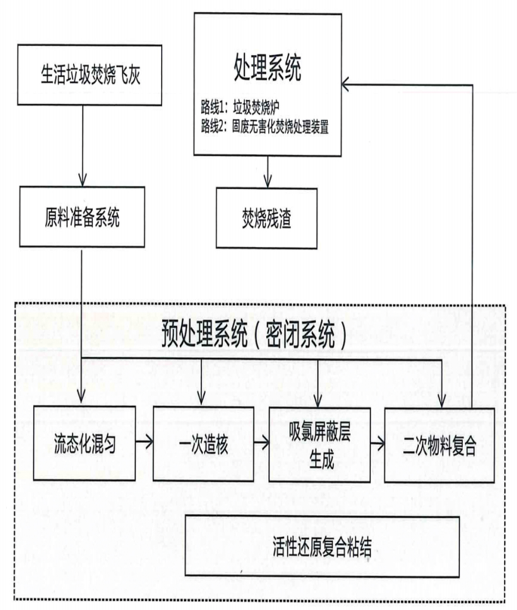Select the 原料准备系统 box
click(x=82, y=218)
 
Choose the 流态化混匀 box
click(x=84, y=442)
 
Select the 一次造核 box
click(x=201, y=442)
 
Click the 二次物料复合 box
click(x=437, y=442)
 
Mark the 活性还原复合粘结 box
click(x=323, y=547)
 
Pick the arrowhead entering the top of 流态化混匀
click(x=82, y=400)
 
